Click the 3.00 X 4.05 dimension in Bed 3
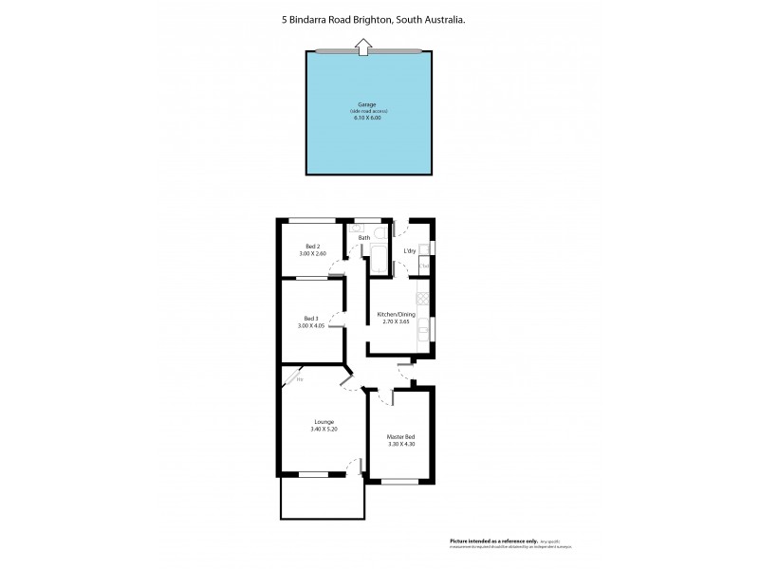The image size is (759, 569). [311, 325]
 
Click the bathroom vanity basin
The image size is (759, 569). [356, 229]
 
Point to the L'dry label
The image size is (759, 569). [411, 250]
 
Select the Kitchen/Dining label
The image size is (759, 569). [398, 314]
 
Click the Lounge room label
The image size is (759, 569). [324, 422]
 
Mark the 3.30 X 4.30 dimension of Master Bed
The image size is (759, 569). [401, 444]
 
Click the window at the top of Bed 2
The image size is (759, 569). [312, 221]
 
